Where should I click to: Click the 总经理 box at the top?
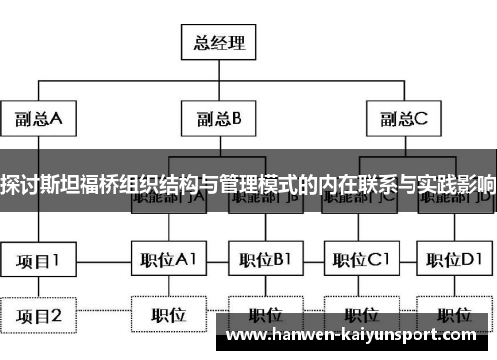click(x=218, y=43)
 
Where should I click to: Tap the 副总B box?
click(x=219, y=121)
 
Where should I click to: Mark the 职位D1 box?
click(x=456, y=261)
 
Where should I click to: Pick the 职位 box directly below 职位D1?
click(x=456, y=315)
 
